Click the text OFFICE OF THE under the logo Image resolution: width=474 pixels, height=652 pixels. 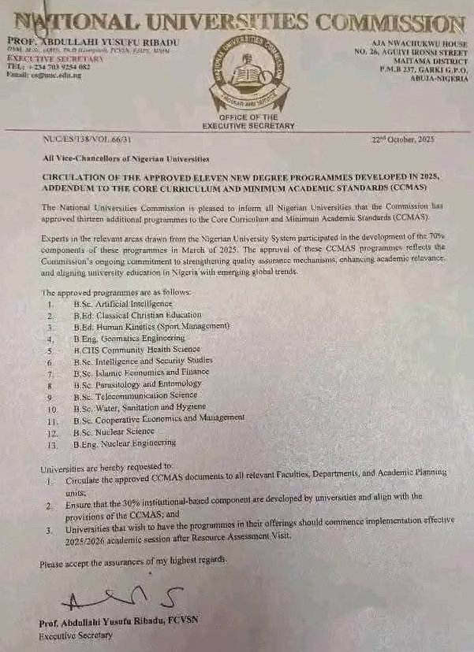248,117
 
